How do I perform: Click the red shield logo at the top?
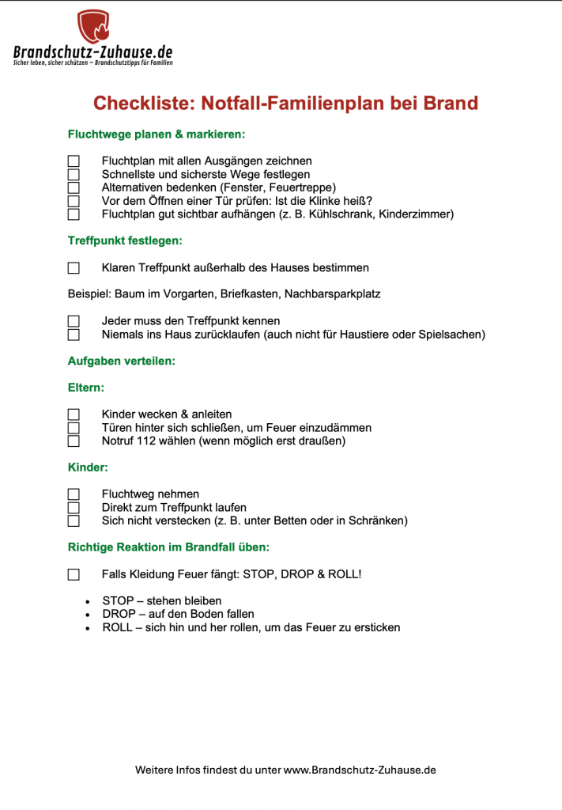tap(93, 27)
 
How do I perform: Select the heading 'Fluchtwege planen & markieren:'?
tap(157, 134)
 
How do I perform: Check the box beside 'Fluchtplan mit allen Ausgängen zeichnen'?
tap(74, 161)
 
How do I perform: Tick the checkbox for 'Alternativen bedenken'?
tap(74, 187)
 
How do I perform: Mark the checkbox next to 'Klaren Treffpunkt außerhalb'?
tap(74, 268)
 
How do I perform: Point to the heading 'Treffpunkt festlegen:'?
tap(125, 240)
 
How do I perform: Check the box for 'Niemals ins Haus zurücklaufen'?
tap(74, 335)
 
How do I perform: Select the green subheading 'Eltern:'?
tap(86, 388)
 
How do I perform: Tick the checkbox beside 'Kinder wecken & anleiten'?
tap(74, 414)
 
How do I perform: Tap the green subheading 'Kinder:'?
tap(88, 467)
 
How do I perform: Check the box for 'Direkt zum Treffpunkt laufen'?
tap(74, 508)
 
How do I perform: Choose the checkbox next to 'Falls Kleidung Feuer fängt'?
tap(74, 574)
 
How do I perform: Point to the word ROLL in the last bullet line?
tap(118, 627)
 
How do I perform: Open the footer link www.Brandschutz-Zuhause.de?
tap(360, 770)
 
